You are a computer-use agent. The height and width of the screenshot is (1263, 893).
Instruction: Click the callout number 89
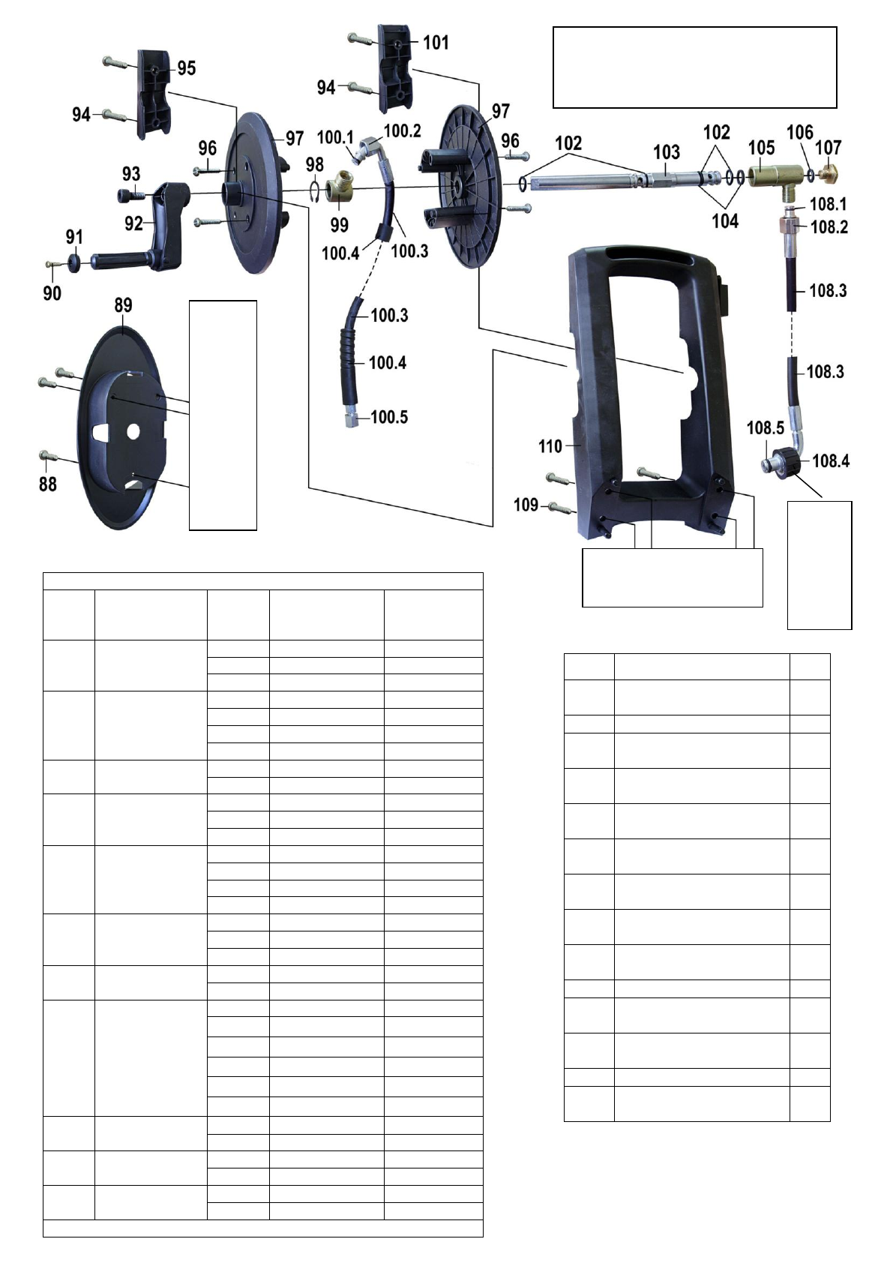click(x=123, y=305)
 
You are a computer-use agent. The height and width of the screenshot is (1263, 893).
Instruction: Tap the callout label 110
click(x=550, y=446)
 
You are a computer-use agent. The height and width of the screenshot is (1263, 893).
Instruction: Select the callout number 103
click(x=667, y=151)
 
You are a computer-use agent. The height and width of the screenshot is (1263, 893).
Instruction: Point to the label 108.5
click(x=765, y=428)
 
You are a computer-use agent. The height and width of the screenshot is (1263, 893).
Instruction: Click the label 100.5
click(x=389, y=417)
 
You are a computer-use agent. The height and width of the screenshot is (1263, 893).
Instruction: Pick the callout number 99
click(x=339, y=225)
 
